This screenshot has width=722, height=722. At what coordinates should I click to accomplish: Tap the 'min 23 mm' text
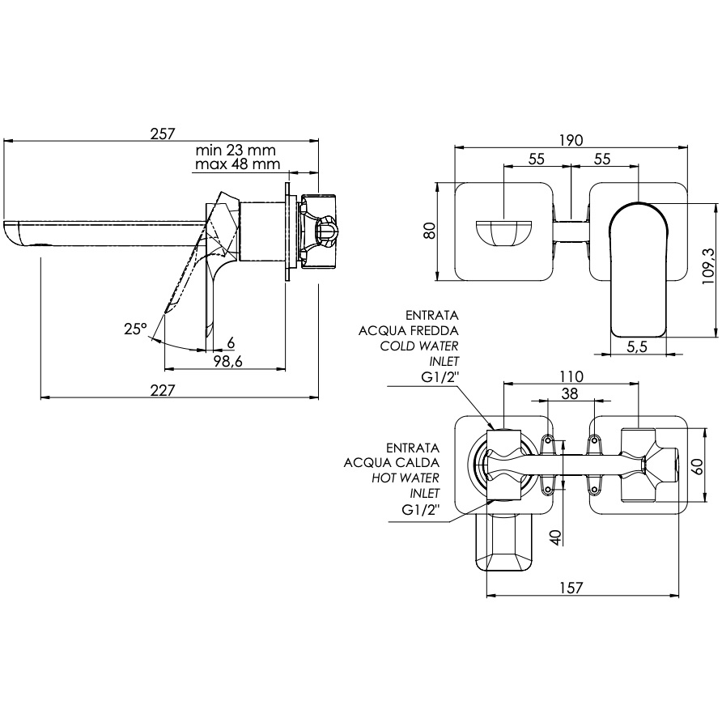[236, 150]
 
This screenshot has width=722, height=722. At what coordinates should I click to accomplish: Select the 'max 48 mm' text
[237, 165]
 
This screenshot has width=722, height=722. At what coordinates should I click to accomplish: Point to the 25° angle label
[135, 329]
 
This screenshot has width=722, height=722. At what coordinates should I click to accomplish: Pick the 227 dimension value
[164, 390]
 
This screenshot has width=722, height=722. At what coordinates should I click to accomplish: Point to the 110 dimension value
[571, 376]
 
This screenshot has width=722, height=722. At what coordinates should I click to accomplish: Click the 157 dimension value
[571, 589]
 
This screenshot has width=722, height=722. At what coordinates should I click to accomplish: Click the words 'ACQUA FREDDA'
[410, 330]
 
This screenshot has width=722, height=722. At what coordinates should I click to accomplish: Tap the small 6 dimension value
[231, 342]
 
